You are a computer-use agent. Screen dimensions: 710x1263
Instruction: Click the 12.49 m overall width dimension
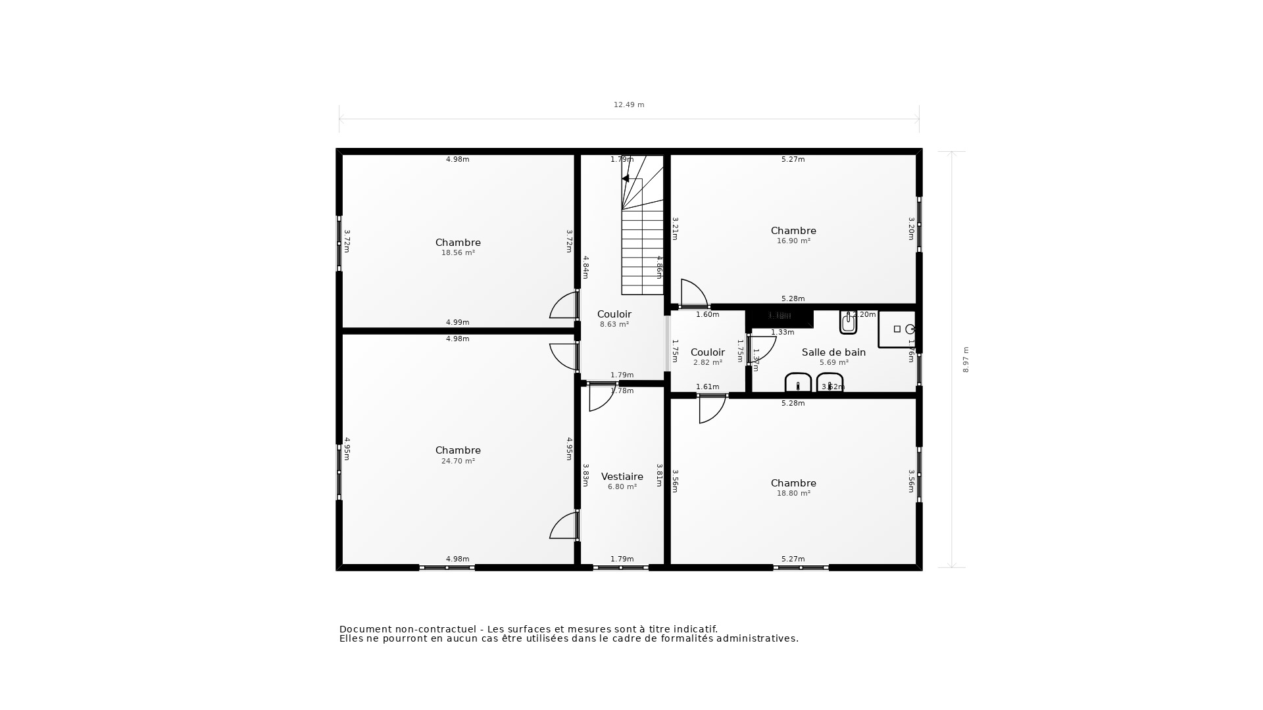pos(629,105)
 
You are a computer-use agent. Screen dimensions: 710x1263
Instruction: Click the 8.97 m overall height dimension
pos(966,360)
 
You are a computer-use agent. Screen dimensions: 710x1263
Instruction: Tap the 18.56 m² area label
pos(458,253)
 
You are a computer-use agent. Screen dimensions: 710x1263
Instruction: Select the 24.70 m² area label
pos(458,461)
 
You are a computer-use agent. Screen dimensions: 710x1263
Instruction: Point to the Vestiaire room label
pos(622,477)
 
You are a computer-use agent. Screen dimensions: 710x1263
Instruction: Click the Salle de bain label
pos(833,352)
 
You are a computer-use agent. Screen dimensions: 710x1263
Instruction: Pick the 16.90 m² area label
pos(793,241)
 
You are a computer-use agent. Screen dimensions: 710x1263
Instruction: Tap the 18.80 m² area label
pos(793,494)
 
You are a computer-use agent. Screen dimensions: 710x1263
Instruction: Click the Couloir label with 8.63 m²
pos(614,314)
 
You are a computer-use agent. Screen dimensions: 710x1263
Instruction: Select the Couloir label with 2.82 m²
pos(707,352)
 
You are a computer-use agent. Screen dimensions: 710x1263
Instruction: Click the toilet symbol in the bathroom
pos(849,322)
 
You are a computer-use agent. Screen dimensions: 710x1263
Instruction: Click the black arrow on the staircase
pos(626,178)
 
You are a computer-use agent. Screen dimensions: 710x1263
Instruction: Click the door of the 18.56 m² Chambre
pos(564,306)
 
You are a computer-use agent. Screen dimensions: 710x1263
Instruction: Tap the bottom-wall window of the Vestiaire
pos(620,567)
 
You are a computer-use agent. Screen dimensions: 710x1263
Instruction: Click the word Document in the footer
pos(362,629)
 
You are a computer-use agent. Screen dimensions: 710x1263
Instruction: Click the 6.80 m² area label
pos(622,487)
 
